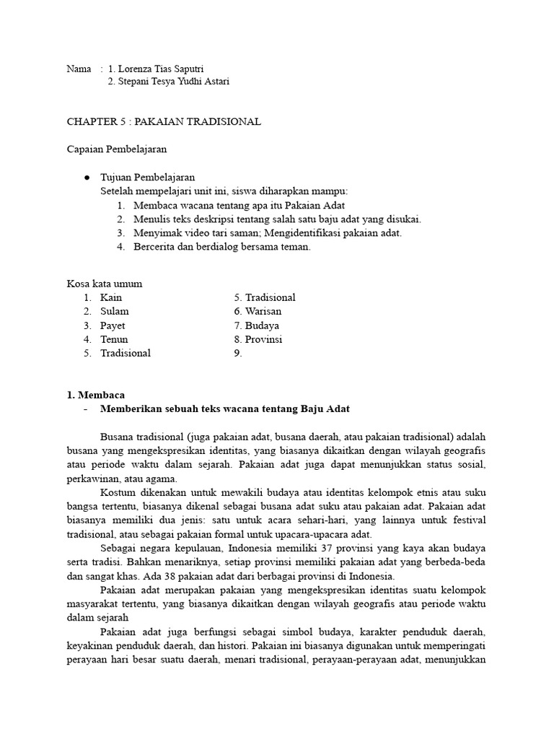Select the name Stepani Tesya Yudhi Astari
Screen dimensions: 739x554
pyautogui.click(x=168, y=82)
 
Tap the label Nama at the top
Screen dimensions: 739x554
pyautogui.click(x=79, y=69)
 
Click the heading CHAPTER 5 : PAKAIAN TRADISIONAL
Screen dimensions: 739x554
pyautogui.click(x=164, y=122)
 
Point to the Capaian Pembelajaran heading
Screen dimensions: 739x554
pyautogui.click(x=117, y=149)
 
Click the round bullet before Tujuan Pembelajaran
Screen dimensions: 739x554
pyautogui.click(x=87, y=178)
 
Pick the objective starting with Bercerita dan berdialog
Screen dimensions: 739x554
pyautogui.click(x=221, y=246)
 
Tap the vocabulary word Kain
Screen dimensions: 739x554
pyautogui.click(x=111, y=297)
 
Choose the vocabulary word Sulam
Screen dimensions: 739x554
pyautogui.click(x=115, y=311)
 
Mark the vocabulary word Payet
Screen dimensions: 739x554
pyautogui.click(x=113, y=325)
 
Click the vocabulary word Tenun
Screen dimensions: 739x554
pyautogui.click(x=114, y=339)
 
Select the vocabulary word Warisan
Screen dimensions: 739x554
pyautogui.click(x=263, y=311)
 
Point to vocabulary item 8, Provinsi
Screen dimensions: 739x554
pyautogui.click(x=263, y=339)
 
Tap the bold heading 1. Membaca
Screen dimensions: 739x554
pyautogui.click(x=95, y=395)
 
